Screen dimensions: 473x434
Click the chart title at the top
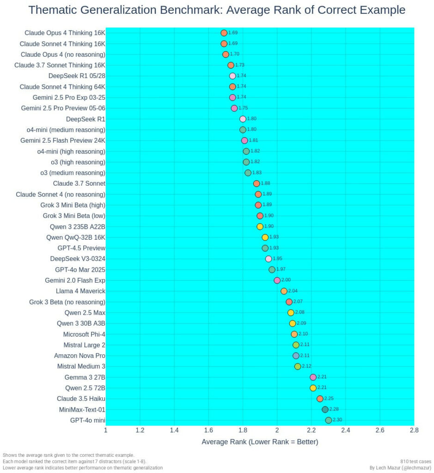[217, 10]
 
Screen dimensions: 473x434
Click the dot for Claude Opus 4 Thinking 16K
[224, 33]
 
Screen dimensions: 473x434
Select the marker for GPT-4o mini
[329, 420]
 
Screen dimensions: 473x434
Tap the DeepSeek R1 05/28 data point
[232, 76]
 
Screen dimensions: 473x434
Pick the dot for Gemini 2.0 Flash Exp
[277, 280]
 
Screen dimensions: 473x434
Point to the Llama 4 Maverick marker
[284, 291]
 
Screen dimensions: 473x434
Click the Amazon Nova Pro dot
[296, 356]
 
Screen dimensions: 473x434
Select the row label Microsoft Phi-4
[84, 334]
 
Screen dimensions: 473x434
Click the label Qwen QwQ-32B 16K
[76, 237]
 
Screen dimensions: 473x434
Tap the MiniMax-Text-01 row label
[82, 410]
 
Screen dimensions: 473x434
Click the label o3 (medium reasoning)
[73, 173]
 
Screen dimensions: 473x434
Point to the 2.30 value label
[337, 420]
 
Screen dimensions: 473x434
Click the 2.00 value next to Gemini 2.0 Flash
[286, 280]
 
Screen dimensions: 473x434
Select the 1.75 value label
[243, 108]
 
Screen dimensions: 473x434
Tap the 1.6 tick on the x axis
[208, 431]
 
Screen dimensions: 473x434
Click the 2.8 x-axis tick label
[414, 431]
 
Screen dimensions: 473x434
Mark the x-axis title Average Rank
[260, 442]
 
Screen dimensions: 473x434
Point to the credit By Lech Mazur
[401, 467]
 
